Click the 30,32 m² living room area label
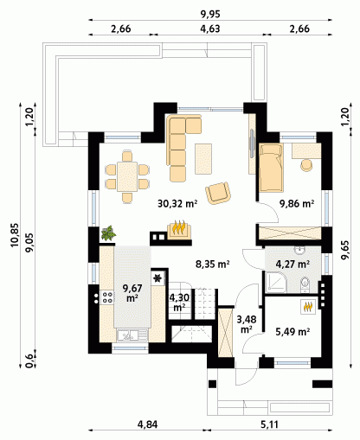177,204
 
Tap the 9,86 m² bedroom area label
297,204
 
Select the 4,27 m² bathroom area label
292,264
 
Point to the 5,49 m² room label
292,332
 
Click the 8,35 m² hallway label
213,264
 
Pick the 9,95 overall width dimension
210,14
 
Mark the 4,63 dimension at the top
210,29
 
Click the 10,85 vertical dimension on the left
15,235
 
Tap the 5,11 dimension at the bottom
269,424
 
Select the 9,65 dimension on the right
345,251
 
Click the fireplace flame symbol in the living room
179,227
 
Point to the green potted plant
108,233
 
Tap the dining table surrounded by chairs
127,176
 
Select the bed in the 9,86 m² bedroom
271,167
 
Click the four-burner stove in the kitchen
107,297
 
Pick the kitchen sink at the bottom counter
132,335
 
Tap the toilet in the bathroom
305,284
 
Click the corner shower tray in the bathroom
276,282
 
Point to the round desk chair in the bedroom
306,165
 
